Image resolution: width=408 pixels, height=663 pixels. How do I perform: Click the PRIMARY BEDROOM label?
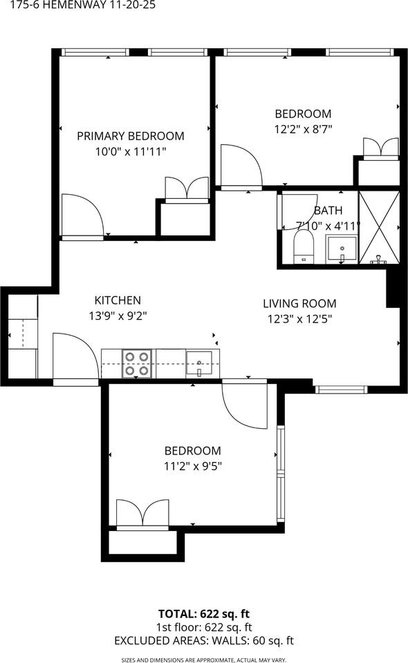[131, 136]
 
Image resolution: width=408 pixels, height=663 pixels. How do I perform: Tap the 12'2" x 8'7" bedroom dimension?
[303, 129]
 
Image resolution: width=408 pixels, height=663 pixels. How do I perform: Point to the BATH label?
[328, 210]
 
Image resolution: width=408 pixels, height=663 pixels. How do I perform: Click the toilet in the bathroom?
[303, 246]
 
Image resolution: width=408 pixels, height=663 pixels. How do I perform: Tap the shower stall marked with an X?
[379, 227]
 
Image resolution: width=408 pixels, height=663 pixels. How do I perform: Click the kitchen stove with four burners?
[137, 364]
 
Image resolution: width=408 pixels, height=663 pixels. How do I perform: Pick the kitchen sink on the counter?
[199, 364]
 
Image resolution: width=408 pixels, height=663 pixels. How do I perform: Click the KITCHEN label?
[118, 300]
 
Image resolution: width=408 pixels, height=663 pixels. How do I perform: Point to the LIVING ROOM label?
[299, 303]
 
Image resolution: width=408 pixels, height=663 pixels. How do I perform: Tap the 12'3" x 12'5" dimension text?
[299, 319]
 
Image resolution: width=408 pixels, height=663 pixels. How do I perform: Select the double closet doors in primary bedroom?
[187, 188]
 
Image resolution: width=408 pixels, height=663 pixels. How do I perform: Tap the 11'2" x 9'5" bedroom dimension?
[193, 466]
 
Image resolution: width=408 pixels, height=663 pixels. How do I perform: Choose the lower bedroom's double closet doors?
[142, 514]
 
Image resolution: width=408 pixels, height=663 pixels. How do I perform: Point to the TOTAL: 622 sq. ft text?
[204, 613]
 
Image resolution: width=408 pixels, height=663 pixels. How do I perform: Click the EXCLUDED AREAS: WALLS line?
[204, 641]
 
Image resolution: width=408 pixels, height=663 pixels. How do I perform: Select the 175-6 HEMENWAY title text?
[82, 5]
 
